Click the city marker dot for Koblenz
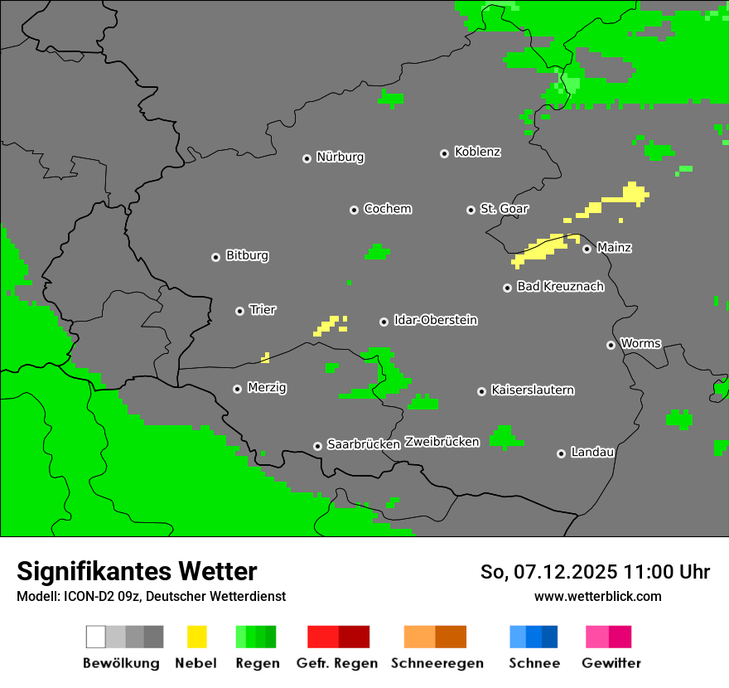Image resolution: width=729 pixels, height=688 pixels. (x=444, y=153)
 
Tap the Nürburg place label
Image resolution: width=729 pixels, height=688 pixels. (x=340, y=157)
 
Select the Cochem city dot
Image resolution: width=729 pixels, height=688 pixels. (x=354, y=210)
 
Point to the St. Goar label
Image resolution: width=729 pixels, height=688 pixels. (x=505, y=209)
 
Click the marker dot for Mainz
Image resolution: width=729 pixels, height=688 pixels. (x=587, y=249)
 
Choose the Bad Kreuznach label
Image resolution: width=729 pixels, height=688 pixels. (x=560, y=287)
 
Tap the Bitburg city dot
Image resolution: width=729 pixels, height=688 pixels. (x=215, y=257)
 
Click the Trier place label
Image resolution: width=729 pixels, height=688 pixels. (x=263, y=310)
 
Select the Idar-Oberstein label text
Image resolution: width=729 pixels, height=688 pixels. (x=436, y=320)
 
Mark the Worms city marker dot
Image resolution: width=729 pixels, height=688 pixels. (x=611, y=345)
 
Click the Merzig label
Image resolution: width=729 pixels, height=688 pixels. (x=267, y=388)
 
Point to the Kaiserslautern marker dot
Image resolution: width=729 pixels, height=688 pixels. (x=481, y=391)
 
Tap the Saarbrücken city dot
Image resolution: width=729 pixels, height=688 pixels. (x=317, y=446)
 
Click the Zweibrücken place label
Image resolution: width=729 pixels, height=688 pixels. (x=442, y=442)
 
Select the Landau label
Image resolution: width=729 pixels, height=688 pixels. (x=592, y=453)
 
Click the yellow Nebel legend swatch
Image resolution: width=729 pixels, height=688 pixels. (x=196, y=637)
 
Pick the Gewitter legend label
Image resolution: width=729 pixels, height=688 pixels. (x=611, y=663)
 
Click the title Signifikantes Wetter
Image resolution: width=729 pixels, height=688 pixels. (x=137, y=571)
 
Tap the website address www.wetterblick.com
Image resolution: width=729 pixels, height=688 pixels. (x=598, y=596)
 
